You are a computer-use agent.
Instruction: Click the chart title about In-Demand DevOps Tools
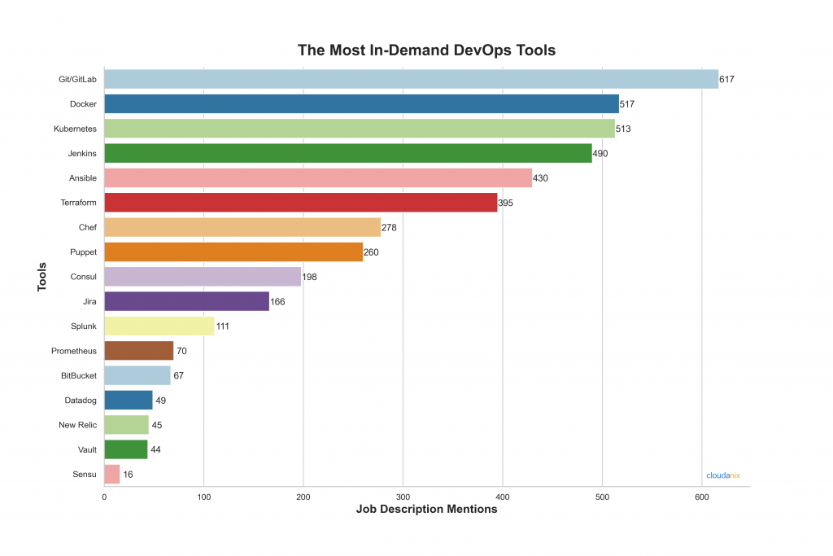426,50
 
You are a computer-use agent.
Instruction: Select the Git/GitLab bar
411,79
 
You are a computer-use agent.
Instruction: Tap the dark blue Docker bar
361,104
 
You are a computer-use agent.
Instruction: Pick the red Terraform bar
300,203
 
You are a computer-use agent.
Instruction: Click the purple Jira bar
186,301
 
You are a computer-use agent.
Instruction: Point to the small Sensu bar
112,474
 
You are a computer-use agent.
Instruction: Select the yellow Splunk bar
159,326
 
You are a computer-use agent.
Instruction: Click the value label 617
727,80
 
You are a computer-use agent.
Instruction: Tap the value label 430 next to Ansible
540,178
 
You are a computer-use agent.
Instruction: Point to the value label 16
129,475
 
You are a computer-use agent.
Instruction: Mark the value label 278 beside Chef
389,228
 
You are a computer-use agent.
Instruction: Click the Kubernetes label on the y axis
75,129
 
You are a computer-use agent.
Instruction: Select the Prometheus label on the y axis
74,351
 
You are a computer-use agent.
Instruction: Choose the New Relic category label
77,425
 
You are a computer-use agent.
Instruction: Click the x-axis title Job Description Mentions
426,510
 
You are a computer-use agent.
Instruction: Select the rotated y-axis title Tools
41,277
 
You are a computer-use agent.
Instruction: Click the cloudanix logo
722,475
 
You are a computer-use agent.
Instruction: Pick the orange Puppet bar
233,252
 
